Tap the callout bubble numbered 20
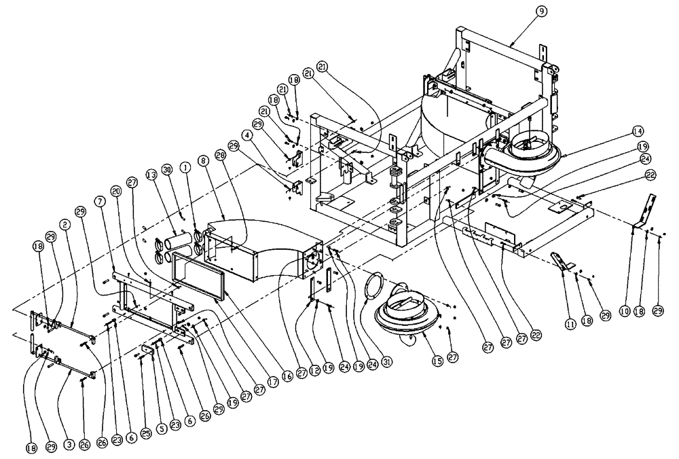(117, 193)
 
